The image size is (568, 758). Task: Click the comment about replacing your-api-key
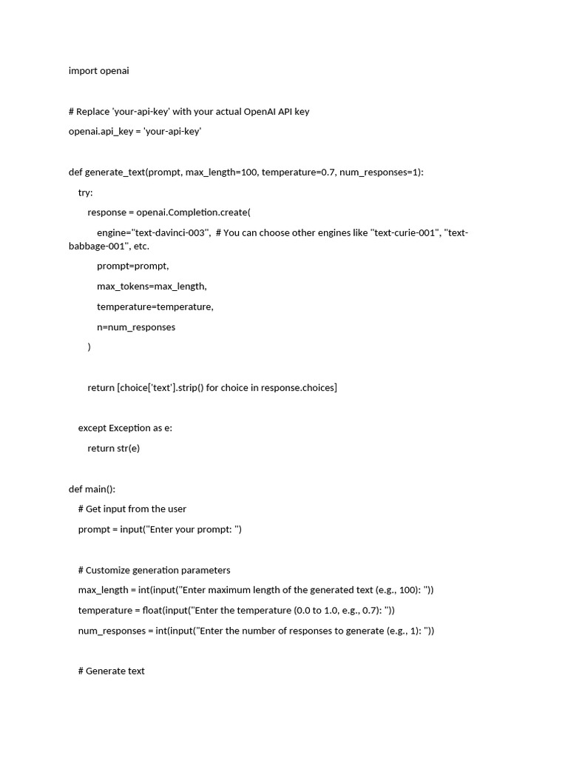point(189,112)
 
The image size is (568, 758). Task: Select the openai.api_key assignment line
point(135,132)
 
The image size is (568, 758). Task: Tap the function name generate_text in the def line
point(115,172)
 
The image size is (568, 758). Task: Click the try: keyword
point(86,192)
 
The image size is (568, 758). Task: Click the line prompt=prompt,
point(132,266)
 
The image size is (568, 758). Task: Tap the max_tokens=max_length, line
point(152,286)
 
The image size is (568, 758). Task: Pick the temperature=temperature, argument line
point(155,306)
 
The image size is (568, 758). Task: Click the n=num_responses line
point(136,327)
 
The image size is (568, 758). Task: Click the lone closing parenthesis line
point(89,346)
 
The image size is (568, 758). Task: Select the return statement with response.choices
point(212,388)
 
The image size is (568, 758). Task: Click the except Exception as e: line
point(125,428)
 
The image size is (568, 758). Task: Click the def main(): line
point(92,489)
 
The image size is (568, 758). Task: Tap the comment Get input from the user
point(132,509)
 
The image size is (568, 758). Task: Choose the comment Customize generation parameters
point(154,570)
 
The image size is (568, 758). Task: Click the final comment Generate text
point(112,671)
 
